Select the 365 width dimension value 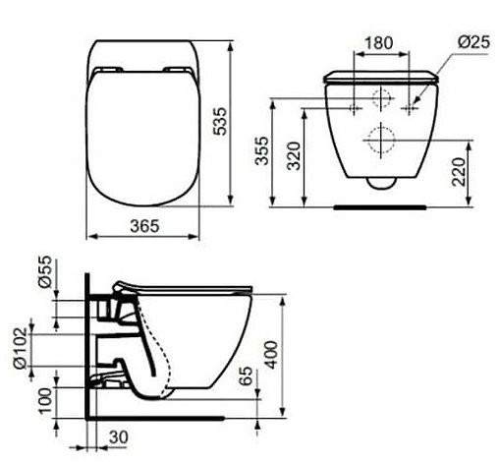[x=143, y=225]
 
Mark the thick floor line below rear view [x=381, y=207]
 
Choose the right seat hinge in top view [x=178, y=69]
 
